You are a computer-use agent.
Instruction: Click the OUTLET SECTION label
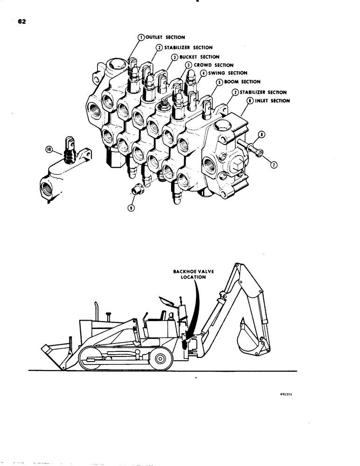tap(159, 37)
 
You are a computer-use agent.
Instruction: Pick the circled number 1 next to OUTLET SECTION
tap(140, 37)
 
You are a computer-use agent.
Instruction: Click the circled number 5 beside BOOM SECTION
tap(218, 82)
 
